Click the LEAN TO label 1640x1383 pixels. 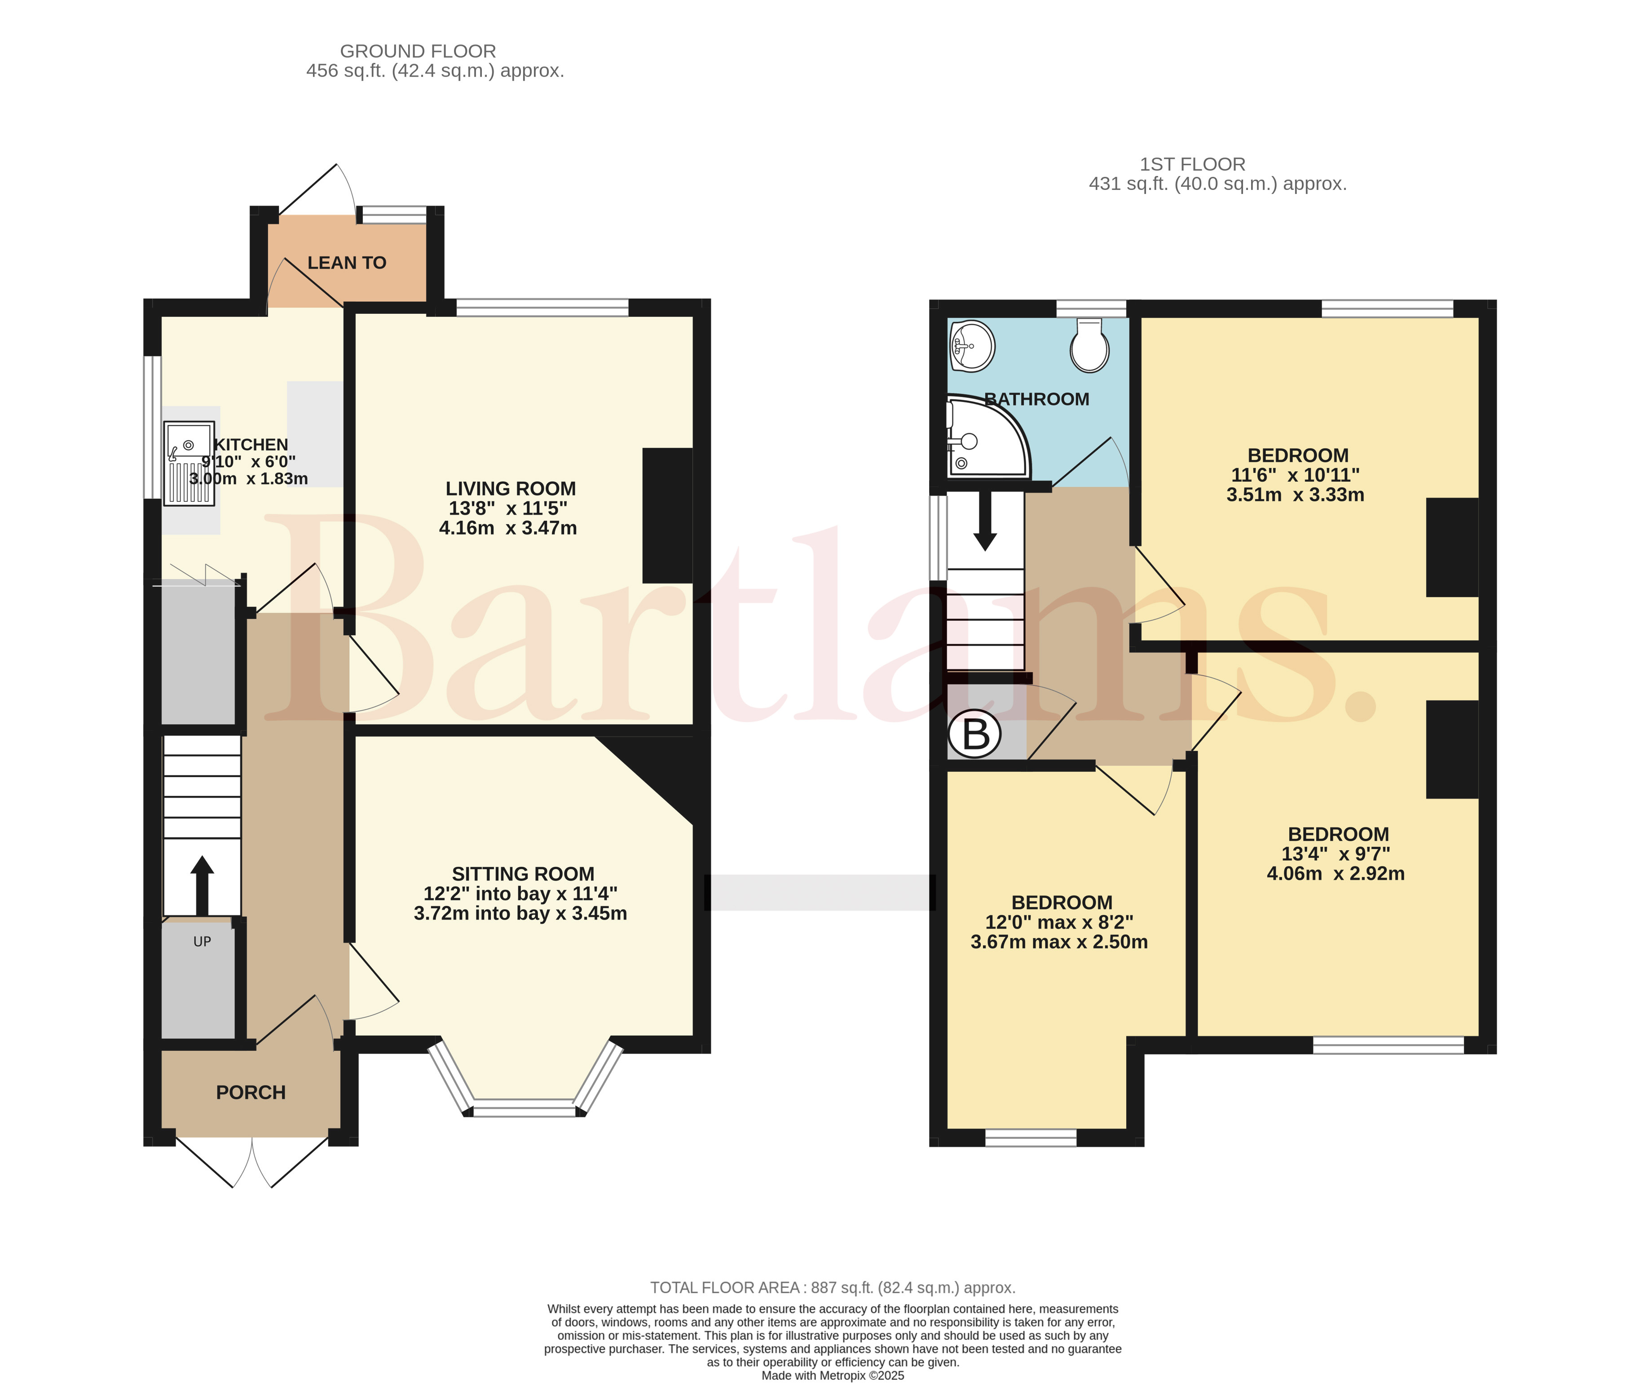[x=347, y=263]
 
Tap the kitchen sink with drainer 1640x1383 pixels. [x=189, y=463]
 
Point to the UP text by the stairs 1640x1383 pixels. [x=203, y=942]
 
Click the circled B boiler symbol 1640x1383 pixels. [x=975, y=735]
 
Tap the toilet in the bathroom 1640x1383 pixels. [x=1089, y=345]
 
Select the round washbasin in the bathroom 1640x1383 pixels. [x=973, y=346]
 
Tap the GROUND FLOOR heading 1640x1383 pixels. [x=418, y=51]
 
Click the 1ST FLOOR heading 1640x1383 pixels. [x=1192, y=164]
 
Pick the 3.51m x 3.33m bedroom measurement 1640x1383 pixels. [x=1296, y=495]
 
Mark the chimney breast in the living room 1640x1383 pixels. [x=667, y=515]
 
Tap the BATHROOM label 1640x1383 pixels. [x=1037, y=399]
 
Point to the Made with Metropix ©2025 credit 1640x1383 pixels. [x=833, y=1375]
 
